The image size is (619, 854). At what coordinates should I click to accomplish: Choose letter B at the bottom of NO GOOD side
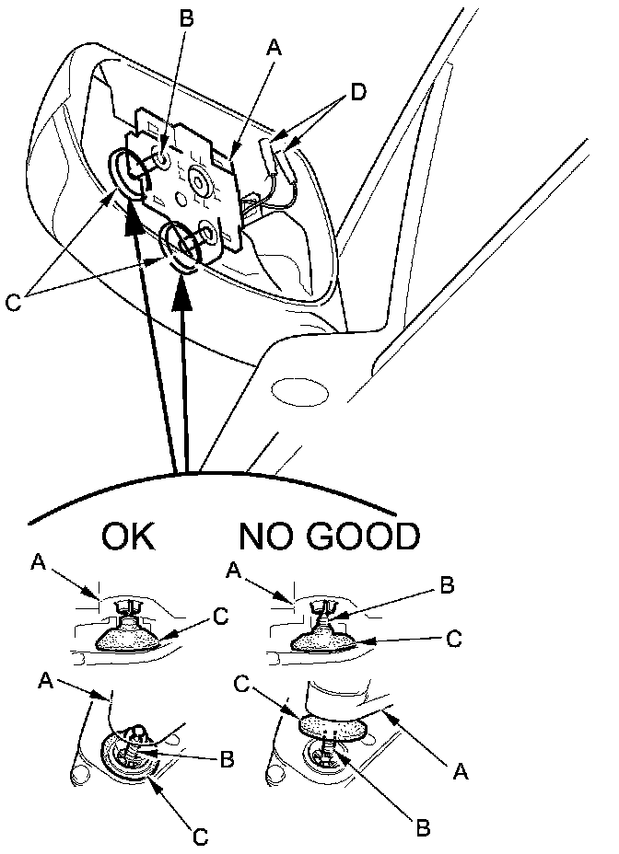423,825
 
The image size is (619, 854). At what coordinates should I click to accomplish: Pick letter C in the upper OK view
218,618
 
